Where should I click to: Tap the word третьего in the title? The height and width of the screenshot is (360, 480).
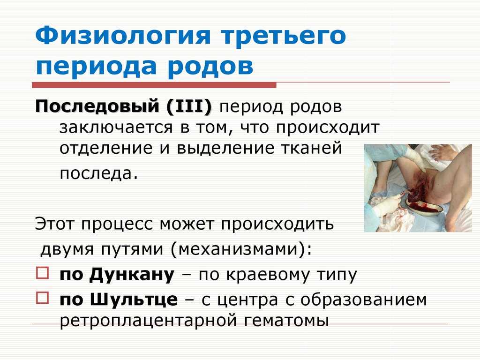[284, 36]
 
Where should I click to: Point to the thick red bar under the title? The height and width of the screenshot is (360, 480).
[154, 85]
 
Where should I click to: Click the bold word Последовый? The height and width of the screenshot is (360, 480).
[97, 106]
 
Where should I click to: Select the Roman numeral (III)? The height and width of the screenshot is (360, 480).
[189, 107]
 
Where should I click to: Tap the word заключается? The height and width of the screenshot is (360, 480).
[116, 127]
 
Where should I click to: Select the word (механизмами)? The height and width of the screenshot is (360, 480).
[241, 249]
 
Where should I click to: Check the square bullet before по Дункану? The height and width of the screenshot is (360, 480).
[42, 273]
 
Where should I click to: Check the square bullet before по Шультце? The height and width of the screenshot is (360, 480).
[42, 298]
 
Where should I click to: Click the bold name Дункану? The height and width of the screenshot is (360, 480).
[132, 275]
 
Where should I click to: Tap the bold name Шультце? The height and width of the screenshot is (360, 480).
[134, 300]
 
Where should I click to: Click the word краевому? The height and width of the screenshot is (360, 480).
[268, 275]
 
